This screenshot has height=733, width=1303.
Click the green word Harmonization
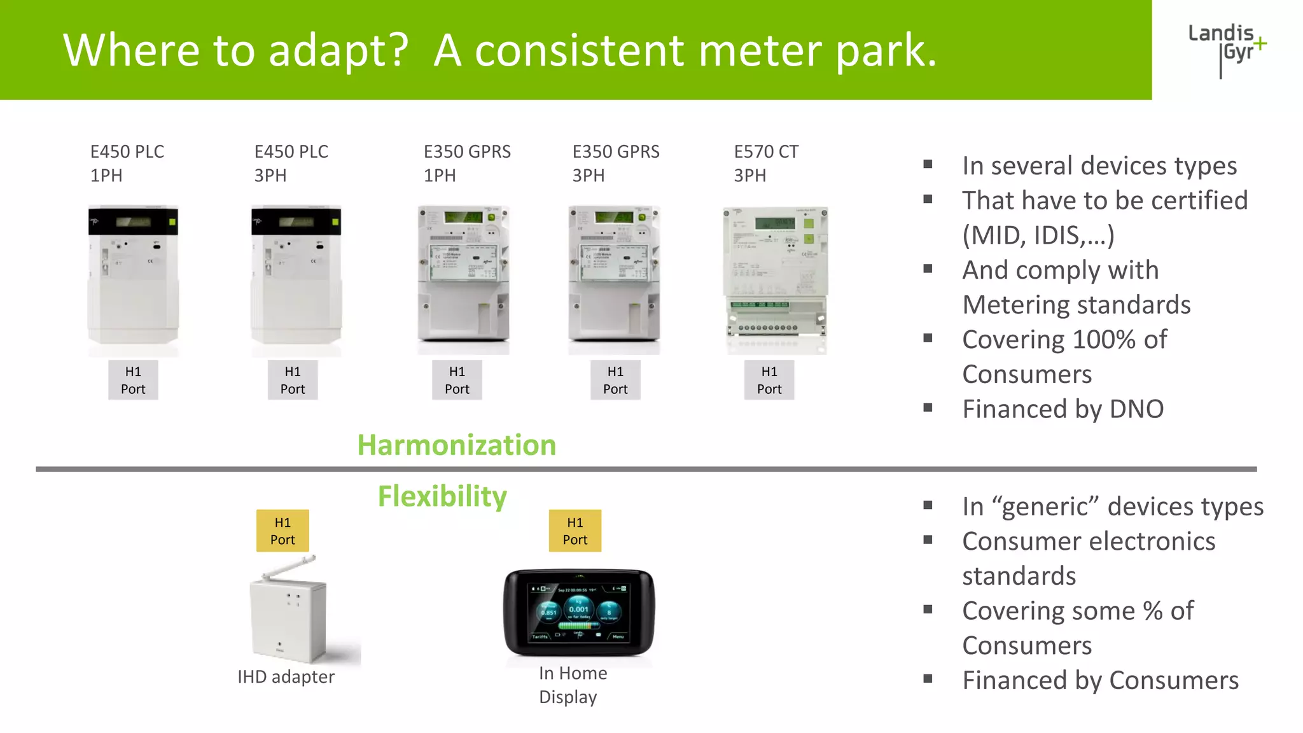pyautogui.click(x=456, y=445)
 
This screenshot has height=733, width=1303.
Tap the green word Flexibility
pyautogui.click(x=442, y=496)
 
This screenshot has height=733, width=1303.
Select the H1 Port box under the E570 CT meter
pyautogui.click(x=769, y=380)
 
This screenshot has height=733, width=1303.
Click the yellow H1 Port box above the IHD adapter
pyautogui.click(x=282, y=531)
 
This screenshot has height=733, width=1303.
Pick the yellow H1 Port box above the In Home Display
pyautogui.click(x=575, y=531)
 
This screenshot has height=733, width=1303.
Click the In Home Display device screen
pyautogui.click(x=578, y=612)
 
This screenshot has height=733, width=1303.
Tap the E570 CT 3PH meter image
pyautogui.click(x=775, y=280)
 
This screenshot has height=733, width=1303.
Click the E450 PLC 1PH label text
pyautogui.click(x=127, y=164)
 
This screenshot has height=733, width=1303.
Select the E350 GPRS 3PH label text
pyautogui.click(x=615, y=164)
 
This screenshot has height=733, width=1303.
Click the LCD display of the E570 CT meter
pyautogui.click(x=774, y=223)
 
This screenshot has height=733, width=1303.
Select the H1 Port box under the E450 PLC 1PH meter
pyautogui.click(x=133, y=380)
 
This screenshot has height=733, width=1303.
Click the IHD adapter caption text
pyautogui.click(x=286, y=677)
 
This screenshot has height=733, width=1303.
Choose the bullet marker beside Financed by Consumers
pyautogui.click(x=928, y=679)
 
